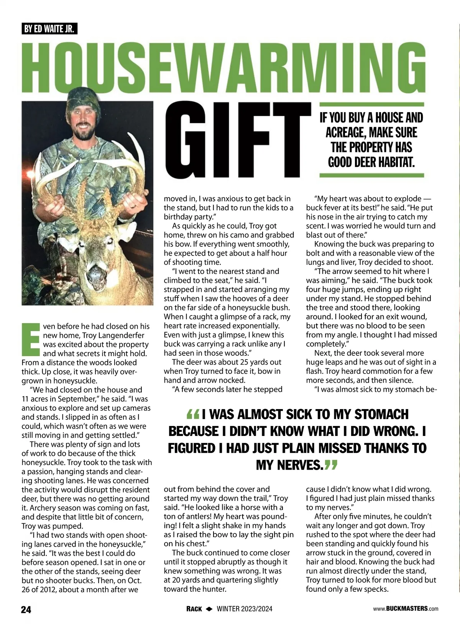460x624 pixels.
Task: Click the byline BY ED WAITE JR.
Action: [x=49, y=29]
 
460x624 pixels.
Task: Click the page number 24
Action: [x=26, y=609]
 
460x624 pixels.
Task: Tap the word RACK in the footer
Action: [x=194, y=609]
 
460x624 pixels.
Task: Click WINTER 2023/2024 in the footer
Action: [x=245, y=609]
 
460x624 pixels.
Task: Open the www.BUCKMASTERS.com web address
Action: [x=406, y=609]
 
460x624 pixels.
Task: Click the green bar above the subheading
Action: [x=372, y=104]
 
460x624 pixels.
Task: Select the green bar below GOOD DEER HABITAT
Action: [x=372, y=175]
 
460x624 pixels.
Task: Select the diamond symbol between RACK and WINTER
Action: [x=209, y=609]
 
